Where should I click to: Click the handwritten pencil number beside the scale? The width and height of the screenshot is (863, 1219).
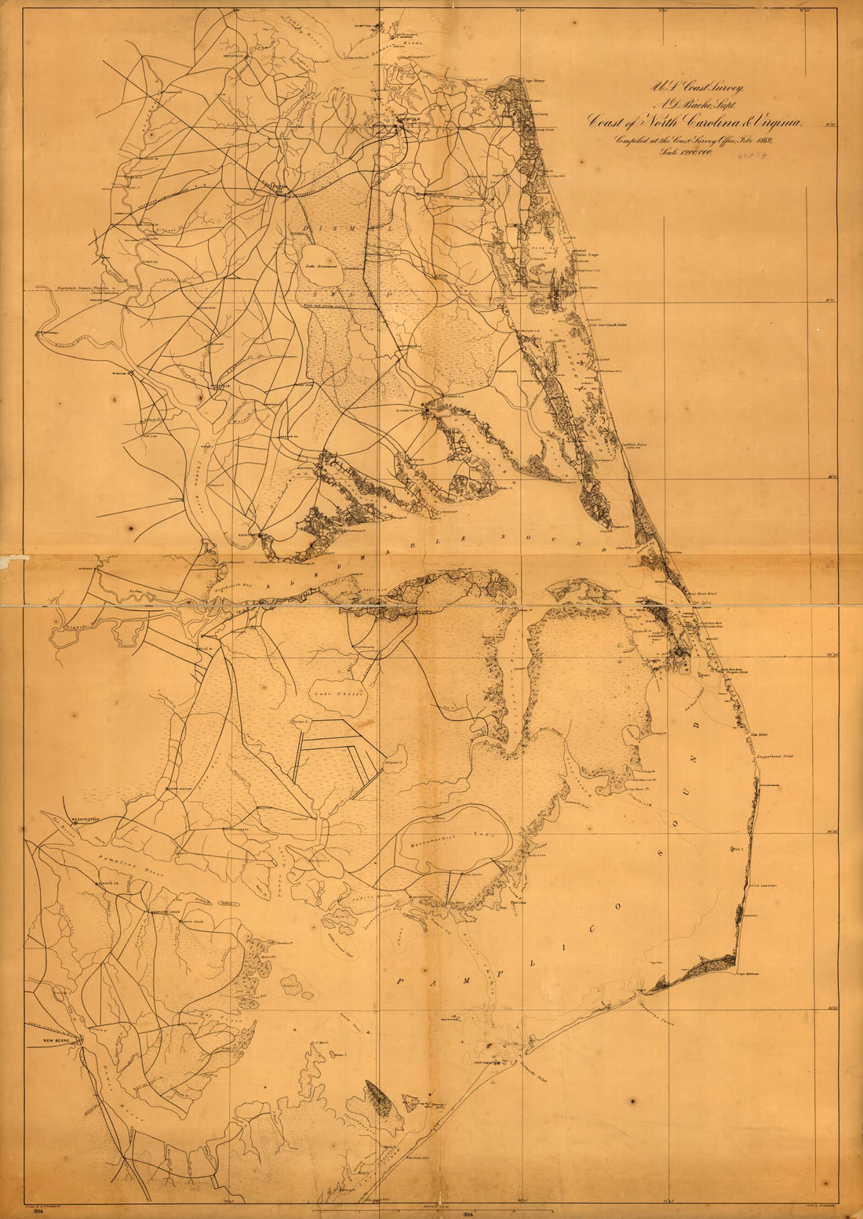(751, 155)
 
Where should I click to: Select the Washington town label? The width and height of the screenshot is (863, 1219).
(85, 820)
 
